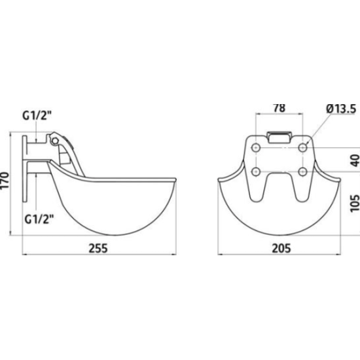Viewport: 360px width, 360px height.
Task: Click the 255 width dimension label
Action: tap(98, 248)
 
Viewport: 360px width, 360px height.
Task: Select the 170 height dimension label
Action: tap(5, 180)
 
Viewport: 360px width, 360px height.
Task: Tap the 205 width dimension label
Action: tap(281, 248)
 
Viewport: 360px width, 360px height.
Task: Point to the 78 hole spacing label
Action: tap(279, 108)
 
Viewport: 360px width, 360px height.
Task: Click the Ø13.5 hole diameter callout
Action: tap(341, 109)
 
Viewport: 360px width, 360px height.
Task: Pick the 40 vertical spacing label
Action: tap(355, 160)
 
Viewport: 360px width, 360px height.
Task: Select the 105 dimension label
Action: tap(355, 204)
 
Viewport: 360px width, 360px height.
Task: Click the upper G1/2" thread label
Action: tap(37, 115)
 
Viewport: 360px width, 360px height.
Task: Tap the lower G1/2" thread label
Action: tap(39, 219)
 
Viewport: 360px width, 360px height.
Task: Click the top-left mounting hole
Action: tap(256, 147)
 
